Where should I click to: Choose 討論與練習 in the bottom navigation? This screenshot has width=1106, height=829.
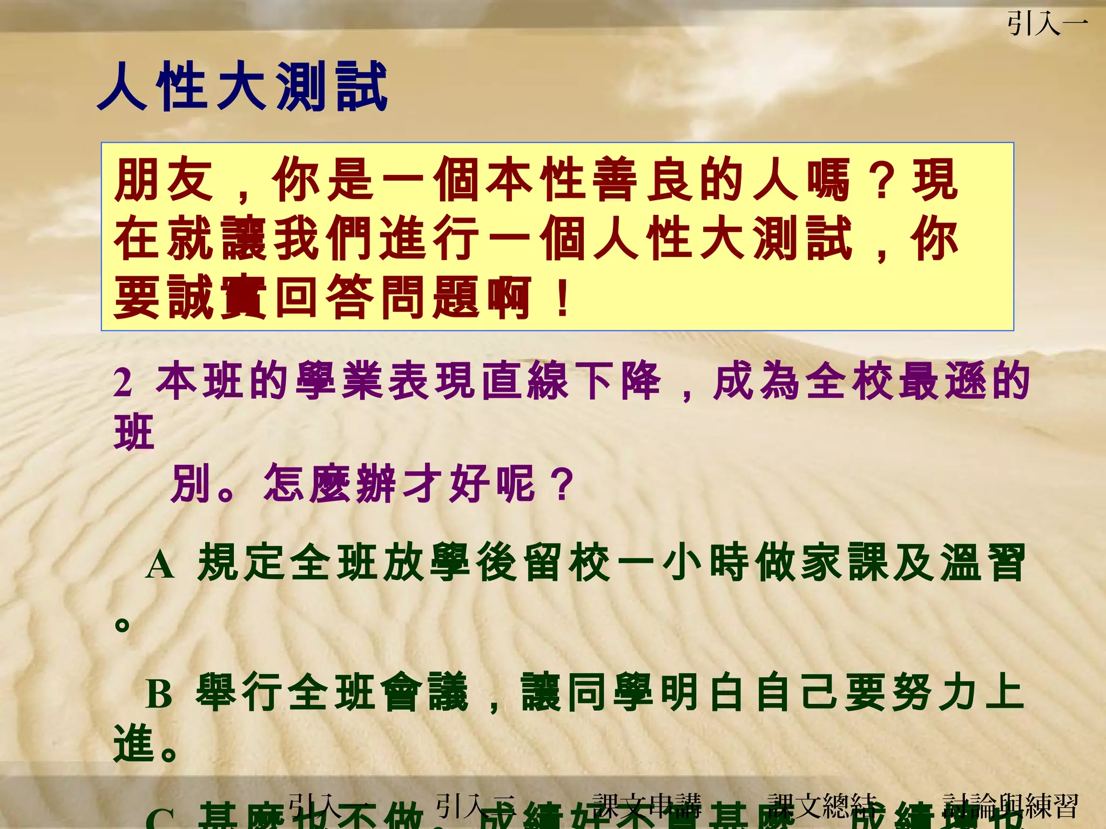[x=1010, y=806]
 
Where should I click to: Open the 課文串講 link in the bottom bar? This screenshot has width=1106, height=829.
[x=646, y=806]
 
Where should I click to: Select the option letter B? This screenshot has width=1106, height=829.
[x=159, y=694]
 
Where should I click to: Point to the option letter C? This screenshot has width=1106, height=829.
[x=160, y=818]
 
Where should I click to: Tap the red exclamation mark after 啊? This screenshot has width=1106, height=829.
[x=562, y=297]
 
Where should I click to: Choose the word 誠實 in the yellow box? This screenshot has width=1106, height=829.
[x=217, y=297]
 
